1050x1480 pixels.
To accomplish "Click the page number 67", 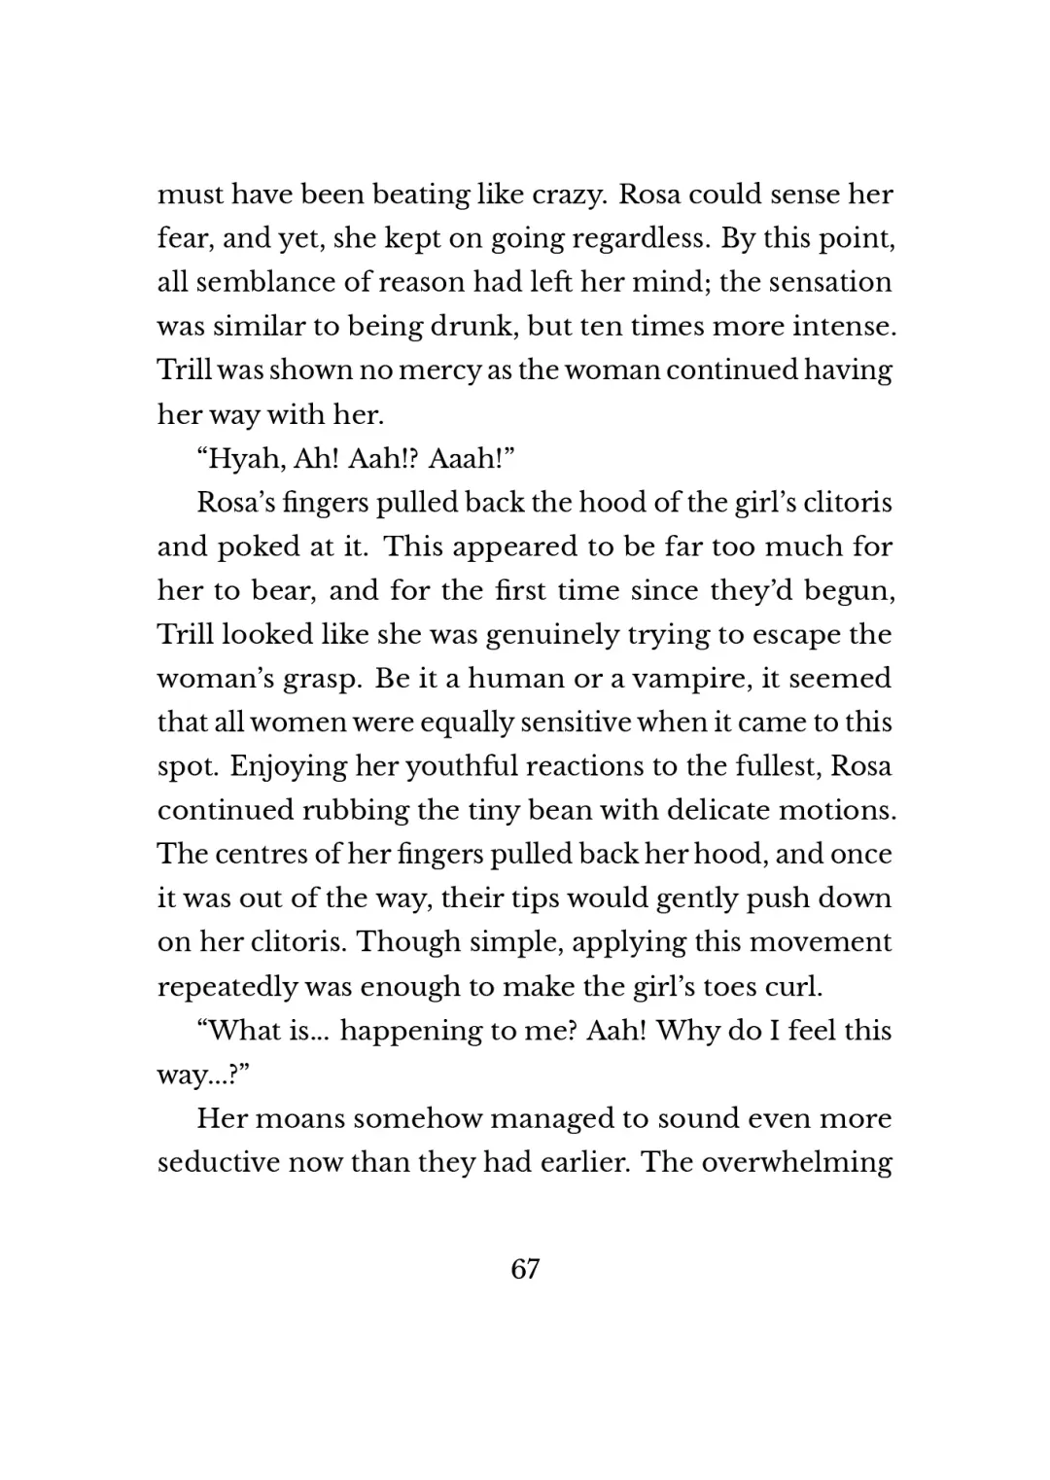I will click(524, 1269).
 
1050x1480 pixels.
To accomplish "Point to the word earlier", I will click(577, 1162).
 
